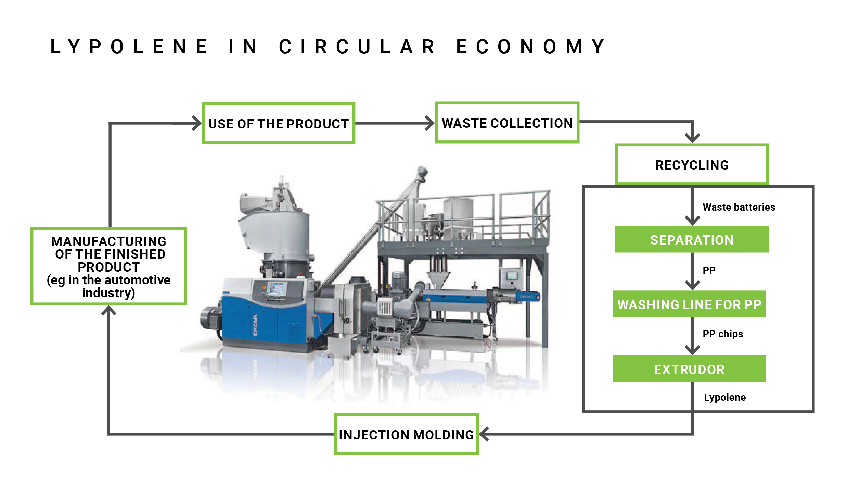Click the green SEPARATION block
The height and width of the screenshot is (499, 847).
pyautogui.click(x=692, y=239)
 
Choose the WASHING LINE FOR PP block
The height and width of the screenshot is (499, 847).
pyautogui.click(x=689, y=304)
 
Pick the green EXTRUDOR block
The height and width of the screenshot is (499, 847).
pyautogui.click(x=689, y=369)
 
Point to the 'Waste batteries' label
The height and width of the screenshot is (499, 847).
pyautogui.click(x=739, y=207)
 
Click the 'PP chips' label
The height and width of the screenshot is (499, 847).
pyautogui.click(x=723, y=334)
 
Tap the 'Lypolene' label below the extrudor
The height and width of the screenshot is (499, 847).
pyautogui.click(x=725, y=397)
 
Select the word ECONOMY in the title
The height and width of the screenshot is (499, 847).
pyautogui.click(x=531, y=47)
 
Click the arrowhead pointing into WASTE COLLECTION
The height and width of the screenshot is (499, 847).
pyautogui.click(x=430, y=123)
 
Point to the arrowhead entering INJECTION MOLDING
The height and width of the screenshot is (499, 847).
pyautogui.click(x=484, y=434)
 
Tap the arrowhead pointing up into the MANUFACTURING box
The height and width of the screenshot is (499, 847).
pyautogui.click(x=108, y=310)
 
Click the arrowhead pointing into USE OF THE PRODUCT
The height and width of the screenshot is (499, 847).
pyautogui.click(x=197, y=123)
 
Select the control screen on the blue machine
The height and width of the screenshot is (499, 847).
pyautogui.click(x=277, y=288)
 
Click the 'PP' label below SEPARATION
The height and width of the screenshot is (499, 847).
pyautogui.click(x=709, y=271)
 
